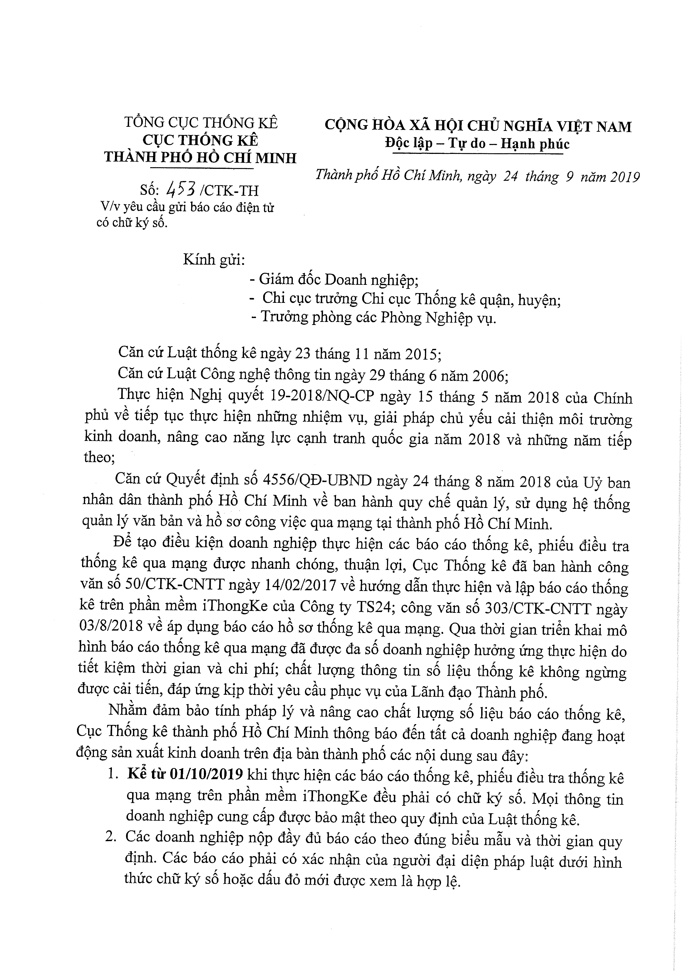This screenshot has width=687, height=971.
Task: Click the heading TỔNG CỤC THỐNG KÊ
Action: click(201, 122)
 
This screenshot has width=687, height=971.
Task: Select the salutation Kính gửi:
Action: click(214, 259)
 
